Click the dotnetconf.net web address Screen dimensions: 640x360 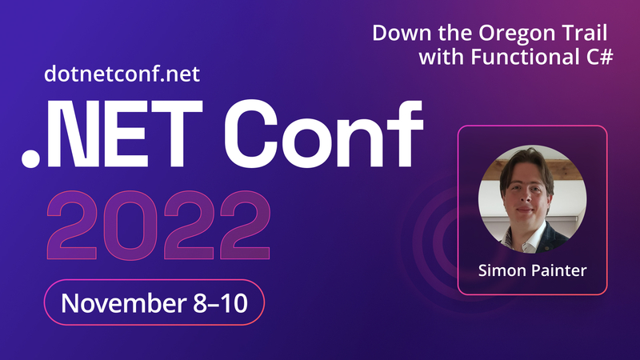click(x=122, y=74)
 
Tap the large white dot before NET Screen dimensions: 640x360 click(x=30, y=158)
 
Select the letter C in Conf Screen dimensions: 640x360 click(x=250, y=134)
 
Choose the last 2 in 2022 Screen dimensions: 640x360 click(x=245, y=225)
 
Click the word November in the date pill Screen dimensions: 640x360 click(x=124, y=303)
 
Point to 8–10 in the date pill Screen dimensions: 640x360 click(x=221, y=303)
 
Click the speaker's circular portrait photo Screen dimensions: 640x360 click(x=533, y=199)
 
